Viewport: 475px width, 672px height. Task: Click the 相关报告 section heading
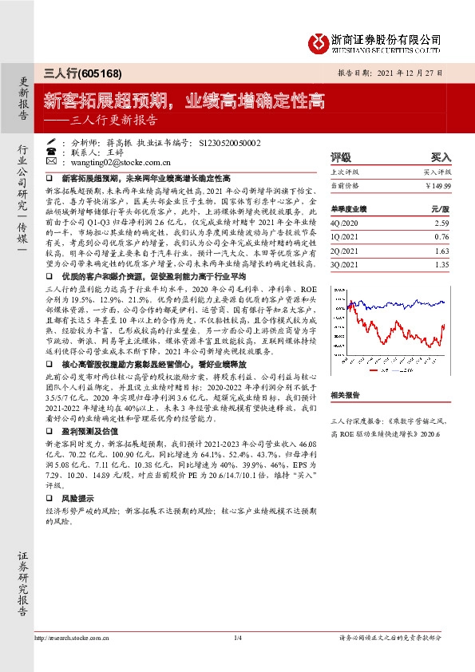pyautogui.click(x=345, y=394)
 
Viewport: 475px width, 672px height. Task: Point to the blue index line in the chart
pyautogui.click(x=399, y=304)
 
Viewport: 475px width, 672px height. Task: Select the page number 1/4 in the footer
pyautogui.click(x=237, y=638)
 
